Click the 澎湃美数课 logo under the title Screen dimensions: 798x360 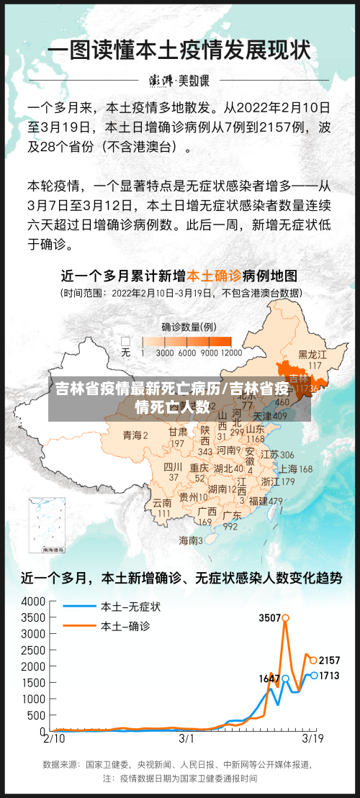tap(179, 79)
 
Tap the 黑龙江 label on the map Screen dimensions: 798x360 tap(312, 355)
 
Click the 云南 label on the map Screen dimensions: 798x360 tap(163, 503)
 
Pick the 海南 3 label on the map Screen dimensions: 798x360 tap(191, 540)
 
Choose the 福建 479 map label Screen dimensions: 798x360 tap(266, 501)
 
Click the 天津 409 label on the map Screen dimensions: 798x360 tap(270, 416)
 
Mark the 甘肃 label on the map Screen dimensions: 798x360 tap(178, 432)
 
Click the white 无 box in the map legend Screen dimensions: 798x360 tap(126, 341)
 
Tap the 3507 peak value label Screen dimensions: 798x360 tap(269, 617)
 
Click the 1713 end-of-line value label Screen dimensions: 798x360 tap(329, 676)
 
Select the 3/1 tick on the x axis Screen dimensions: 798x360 tap(186, 738)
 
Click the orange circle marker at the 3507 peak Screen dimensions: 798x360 tap(285, 617)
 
